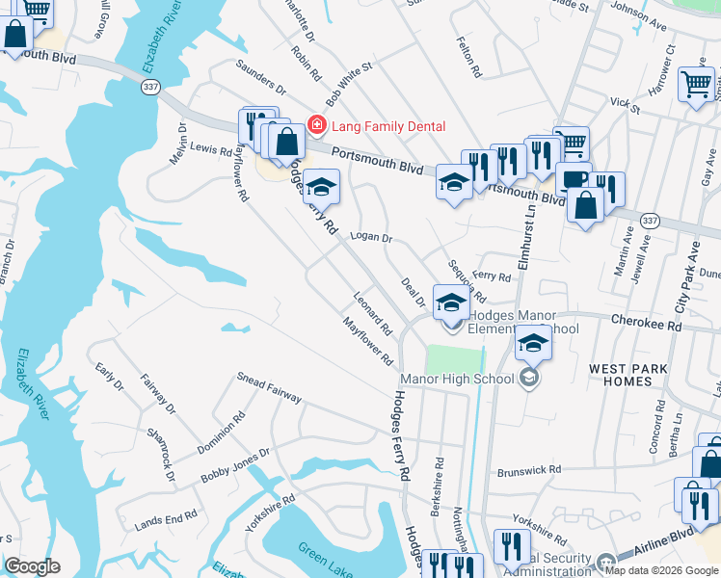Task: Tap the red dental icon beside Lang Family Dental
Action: click(x=314, y=125)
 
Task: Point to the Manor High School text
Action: click(x=457, y=379)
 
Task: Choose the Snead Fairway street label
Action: click(x=269, y=391)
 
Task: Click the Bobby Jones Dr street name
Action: click(x=234, y=466)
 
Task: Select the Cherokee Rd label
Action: click(x=646, y=326)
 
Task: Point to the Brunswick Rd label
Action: click(x=528, y=470)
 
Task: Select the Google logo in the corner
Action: click(x=32, y=566)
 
